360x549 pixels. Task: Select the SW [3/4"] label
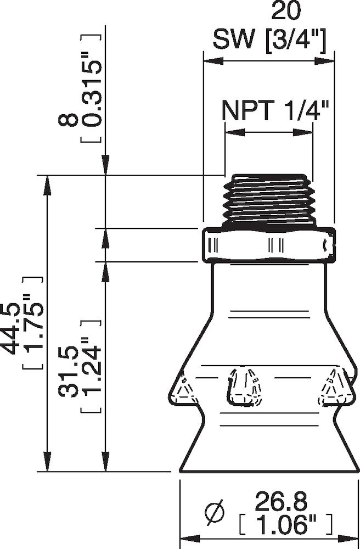pyautogui.click(x=269, y=40)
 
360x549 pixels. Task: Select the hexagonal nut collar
pyautogui.click(x=268, y=244)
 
